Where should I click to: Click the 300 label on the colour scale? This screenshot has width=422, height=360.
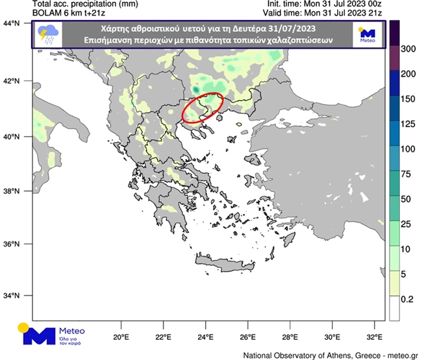tap(408, 49)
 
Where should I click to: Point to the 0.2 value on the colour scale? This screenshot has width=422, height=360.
tap(406, 300)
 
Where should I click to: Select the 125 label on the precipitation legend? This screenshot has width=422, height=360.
tap(408, 124)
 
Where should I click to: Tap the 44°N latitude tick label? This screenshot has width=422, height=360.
tap(12, 23)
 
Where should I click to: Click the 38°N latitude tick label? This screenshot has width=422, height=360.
tap(12, 191)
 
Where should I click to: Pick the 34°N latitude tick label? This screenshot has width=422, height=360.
tap(12, 295)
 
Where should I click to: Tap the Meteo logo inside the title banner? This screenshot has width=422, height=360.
tap(367, 35)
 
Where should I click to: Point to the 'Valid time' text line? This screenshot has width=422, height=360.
tap(335, 14)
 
